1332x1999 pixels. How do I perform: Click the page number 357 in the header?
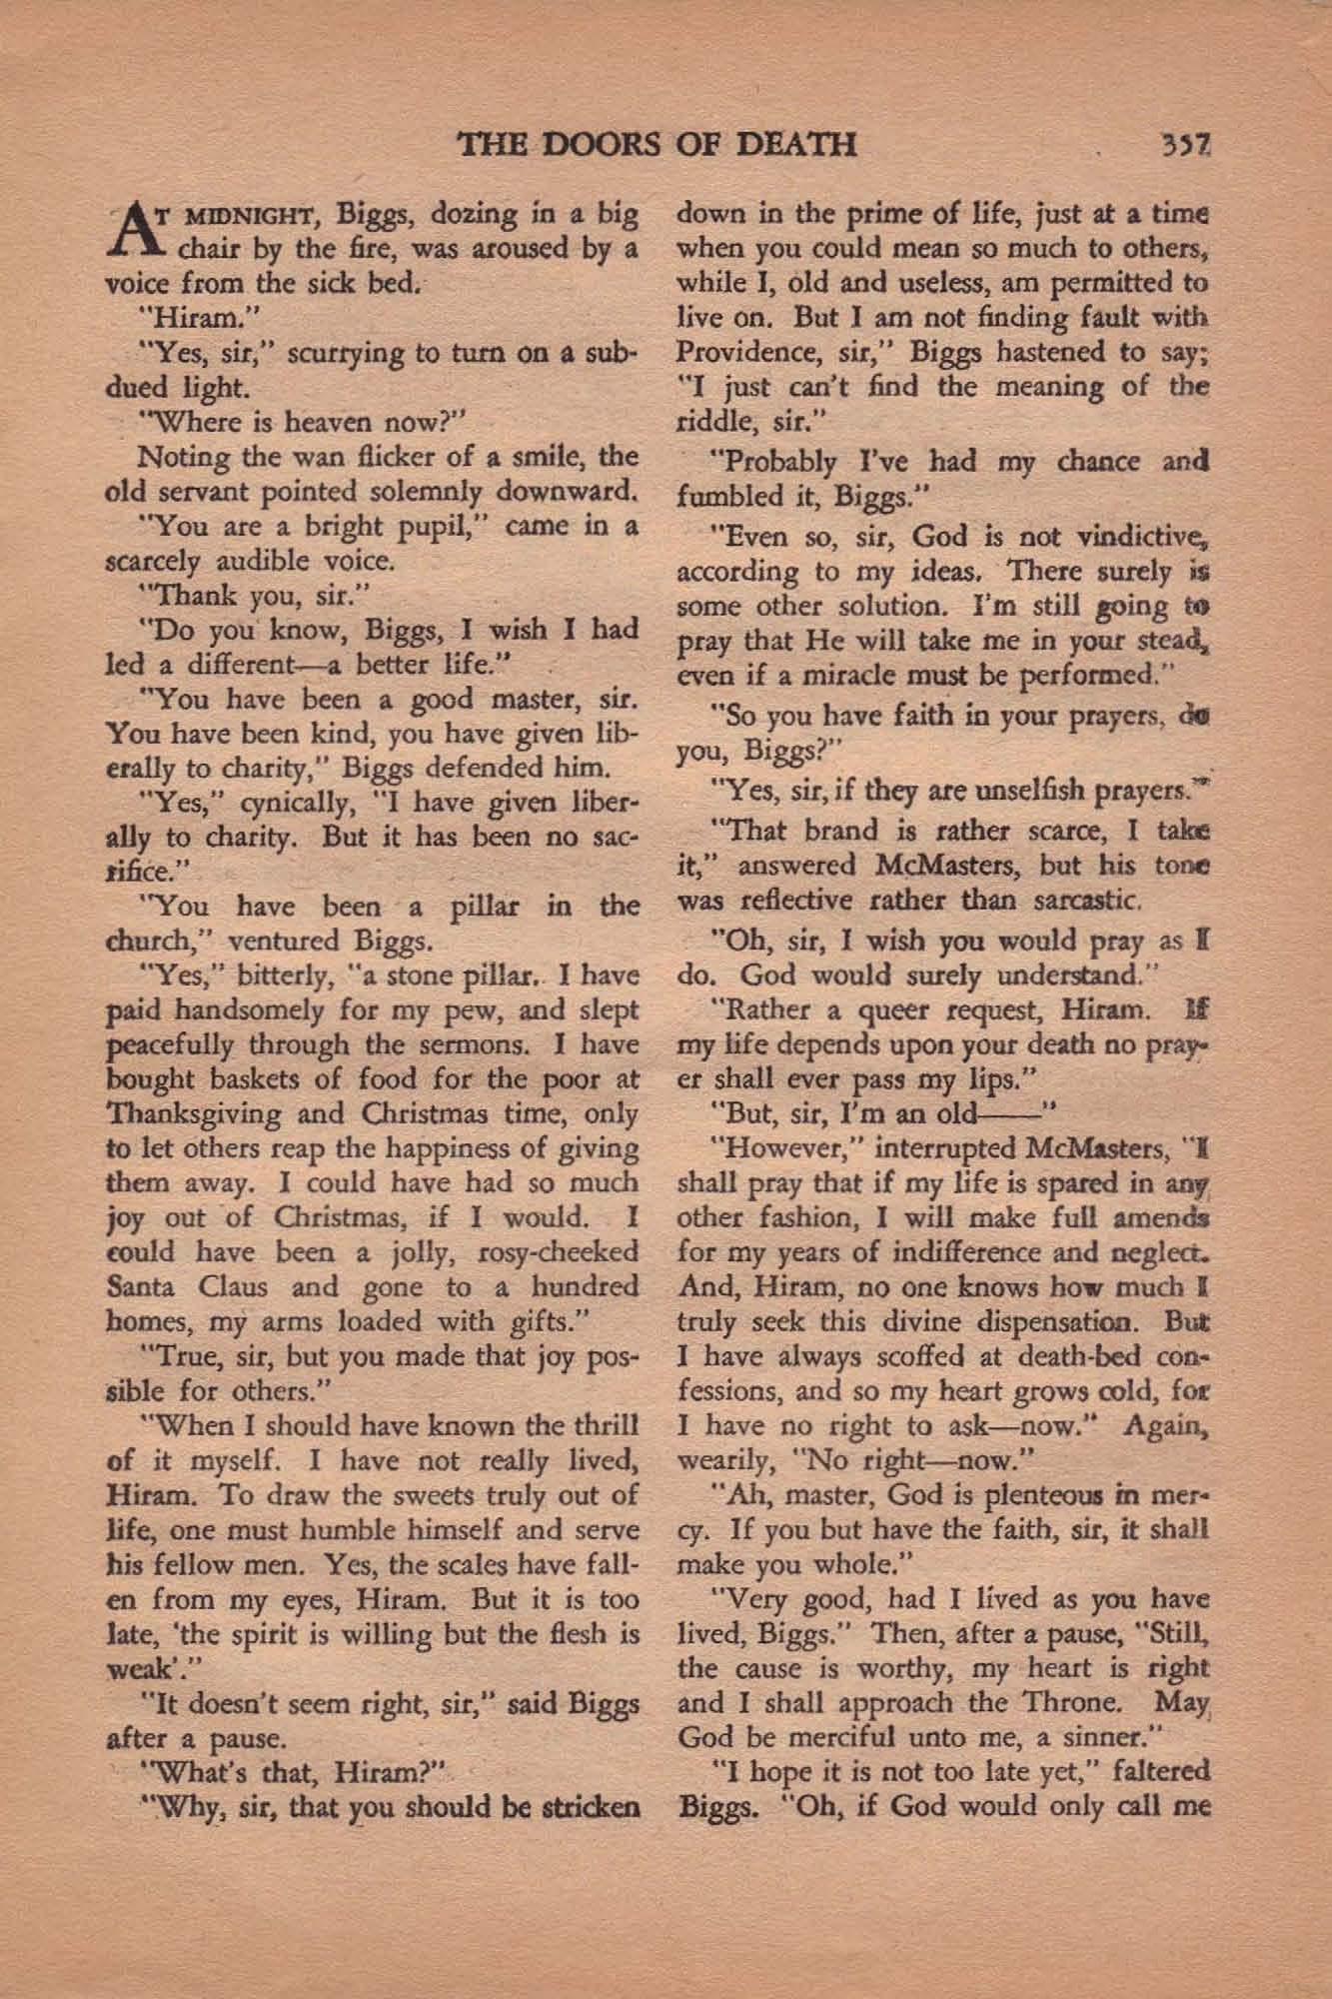click(x=1187, y=146)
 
